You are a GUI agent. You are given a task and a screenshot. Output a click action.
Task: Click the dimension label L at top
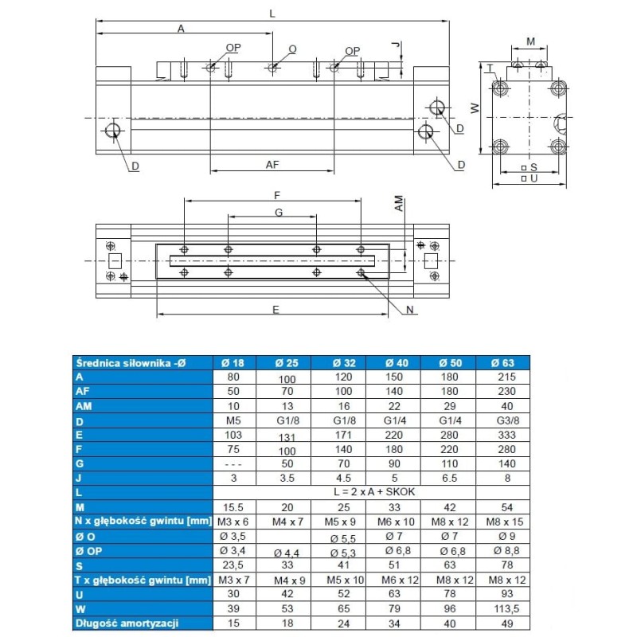tap(272, 14)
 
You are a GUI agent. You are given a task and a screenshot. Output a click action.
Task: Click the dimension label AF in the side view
tap(272, 164)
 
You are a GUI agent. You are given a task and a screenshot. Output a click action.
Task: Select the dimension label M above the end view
tap(530, 41)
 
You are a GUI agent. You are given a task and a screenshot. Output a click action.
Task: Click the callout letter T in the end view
tap(490, 68)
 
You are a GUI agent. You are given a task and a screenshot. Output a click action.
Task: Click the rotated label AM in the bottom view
tap(399, 205)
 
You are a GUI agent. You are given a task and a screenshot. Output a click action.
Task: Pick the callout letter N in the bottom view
tap(411, 311)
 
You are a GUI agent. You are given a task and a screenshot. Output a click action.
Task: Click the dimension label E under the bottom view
tap(276, 310)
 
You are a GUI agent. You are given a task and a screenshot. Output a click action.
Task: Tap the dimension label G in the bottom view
tap(279, 213)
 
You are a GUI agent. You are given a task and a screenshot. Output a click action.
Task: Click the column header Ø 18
tap(233, 363)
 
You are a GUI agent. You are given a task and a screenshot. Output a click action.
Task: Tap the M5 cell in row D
tap(233, 420)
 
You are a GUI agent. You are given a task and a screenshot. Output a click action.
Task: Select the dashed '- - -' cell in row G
tap(233, 463)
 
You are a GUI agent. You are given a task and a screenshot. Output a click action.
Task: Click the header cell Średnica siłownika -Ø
tap(129, 363)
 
